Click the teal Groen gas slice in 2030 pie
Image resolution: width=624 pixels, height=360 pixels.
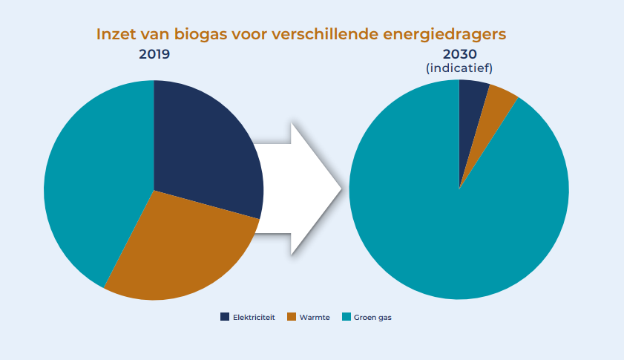click(453, 223)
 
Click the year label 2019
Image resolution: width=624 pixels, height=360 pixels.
click(154, 54)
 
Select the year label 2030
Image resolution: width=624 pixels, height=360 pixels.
click(459, 54)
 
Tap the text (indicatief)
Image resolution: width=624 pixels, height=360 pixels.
click(459, 68)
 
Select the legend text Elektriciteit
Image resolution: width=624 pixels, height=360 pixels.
click(254, 317)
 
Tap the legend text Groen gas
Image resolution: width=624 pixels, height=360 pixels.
click(372, 317)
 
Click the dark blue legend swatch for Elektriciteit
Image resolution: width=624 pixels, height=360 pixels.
click(225, 317)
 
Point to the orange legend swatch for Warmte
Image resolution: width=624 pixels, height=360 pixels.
click(291, 317)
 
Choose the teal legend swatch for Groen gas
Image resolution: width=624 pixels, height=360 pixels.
click(345, 317)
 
